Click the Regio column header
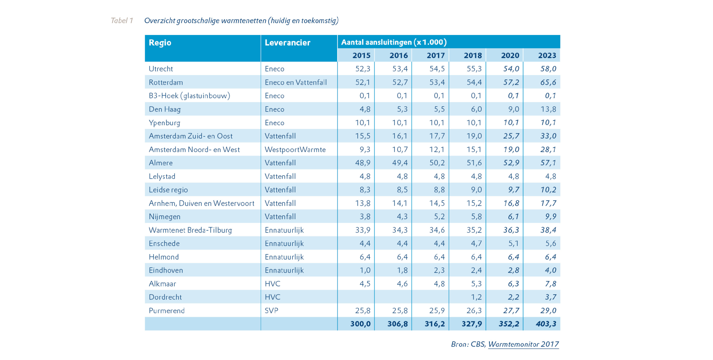tap(160, 43)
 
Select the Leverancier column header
tap(287, 43)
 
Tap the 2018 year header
tap(473, 55)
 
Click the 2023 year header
tap(547, 55)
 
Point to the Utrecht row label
tap(161, 69)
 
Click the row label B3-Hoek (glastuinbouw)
tap(189, 96)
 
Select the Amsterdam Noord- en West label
tap(194, 149)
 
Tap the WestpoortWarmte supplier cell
tap(295, 149)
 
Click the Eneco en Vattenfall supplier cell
tap(296, 82)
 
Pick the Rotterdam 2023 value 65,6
tap(548, 82)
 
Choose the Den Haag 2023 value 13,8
tap(548, 109)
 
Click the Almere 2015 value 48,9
tap(363, 163)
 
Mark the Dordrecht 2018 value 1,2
tap(476, 297)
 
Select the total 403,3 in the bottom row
tap(546, 324)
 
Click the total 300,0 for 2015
tap(360, 324)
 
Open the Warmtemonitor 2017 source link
tap(524, 344)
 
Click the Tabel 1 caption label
tap(122, 21)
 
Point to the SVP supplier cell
tap(271, 311)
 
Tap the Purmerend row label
tap(167, 311)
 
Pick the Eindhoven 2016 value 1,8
tap(402, 270)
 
